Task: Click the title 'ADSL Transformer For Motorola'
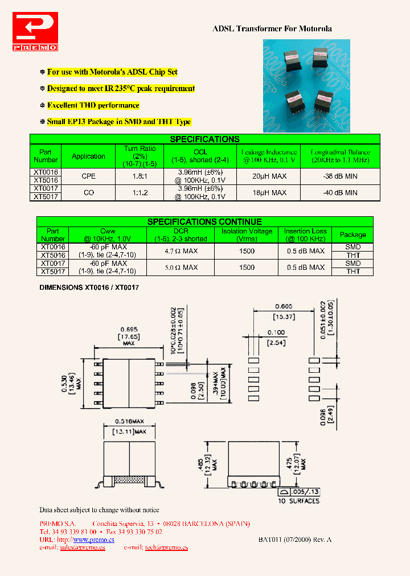[272, 28]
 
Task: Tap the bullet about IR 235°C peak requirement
[121, 89]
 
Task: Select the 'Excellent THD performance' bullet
[93, 105]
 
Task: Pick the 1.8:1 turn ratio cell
[140, 176]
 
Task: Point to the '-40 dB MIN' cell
[340, 193]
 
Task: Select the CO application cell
[89, 193]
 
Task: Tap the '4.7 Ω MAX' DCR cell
[181, 251]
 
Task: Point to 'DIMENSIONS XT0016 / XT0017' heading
[89, 288]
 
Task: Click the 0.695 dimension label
[128, 330]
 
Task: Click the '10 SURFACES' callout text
[298, 501]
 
